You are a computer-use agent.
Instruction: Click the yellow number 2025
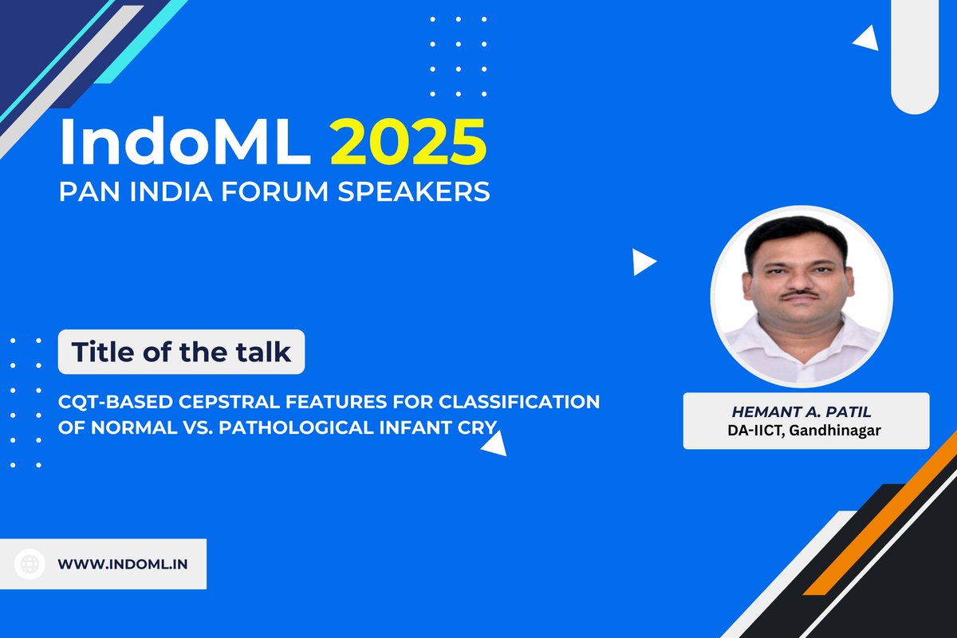(408, 142)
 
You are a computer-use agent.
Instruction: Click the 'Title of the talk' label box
(182, 352)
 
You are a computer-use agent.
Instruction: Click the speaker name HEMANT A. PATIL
(805, 412)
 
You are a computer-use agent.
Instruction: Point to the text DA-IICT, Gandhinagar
(805, 431)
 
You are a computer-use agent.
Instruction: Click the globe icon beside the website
(30, 564)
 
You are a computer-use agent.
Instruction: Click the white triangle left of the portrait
(642, 262)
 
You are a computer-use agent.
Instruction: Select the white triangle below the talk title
(495, 443)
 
